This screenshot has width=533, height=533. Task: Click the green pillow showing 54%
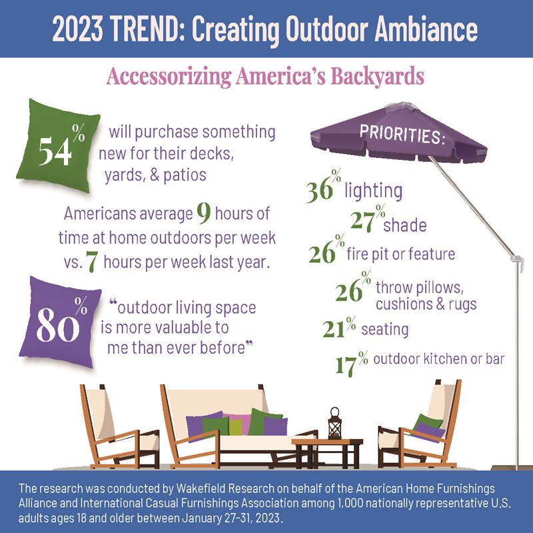click(x=59, y=145)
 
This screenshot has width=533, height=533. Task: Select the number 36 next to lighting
click(x=320, y=191)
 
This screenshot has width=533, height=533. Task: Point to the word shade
click(x=405, y=225)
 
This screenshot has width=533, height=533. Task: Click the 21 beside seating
click(x=334, y=329)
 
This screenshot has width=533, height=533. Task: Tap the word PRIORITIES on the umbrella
click(x=403, y=135)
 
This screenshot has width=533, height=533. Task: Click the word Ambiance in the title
click(x=426, y=29)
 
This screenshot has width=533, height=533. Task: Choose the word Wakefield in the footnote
click(x=201, y=488)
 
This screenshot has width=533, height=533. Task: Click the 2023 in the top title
click(x=77, y=29)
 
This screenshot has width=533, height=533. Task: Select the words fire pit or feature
click(x=401, y=254)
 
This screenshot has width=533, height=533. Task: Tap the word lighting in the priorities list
click(x=374, y=191)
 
